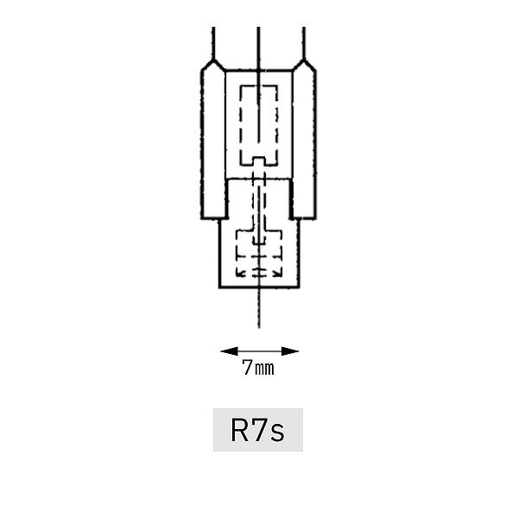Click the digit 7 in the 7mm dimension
tap(247, 367)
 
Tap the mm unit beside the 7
tap(265, 369)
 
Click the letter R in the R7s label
tap(239, 430)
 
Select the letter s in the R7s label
tap(277, 433)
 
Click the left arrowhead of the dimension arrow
tap(230, 351)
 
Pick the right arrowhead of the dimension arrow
tap(290, 351)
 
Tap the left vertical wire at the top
tap(213, 43)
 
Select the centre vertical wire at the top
tap(258, 49)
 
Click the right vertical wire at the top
tap(304, 43)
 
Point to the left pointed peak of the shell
tap(213, 60)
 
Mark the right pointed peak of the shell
tap(304, 60)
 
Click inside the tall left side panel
tap(213, 142)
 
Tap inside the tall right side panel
tap(304, 142)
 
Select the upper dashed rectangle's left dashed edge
tap(241, 125)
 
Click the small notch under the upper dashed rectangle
tap(259, 161)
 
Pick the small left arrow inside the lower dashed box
tap(240, 273)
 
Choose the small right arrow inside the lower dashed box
tap(277, 273)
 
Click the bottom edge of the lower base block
tap(259, 287)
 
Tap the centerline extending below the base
tap(259, 308)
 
